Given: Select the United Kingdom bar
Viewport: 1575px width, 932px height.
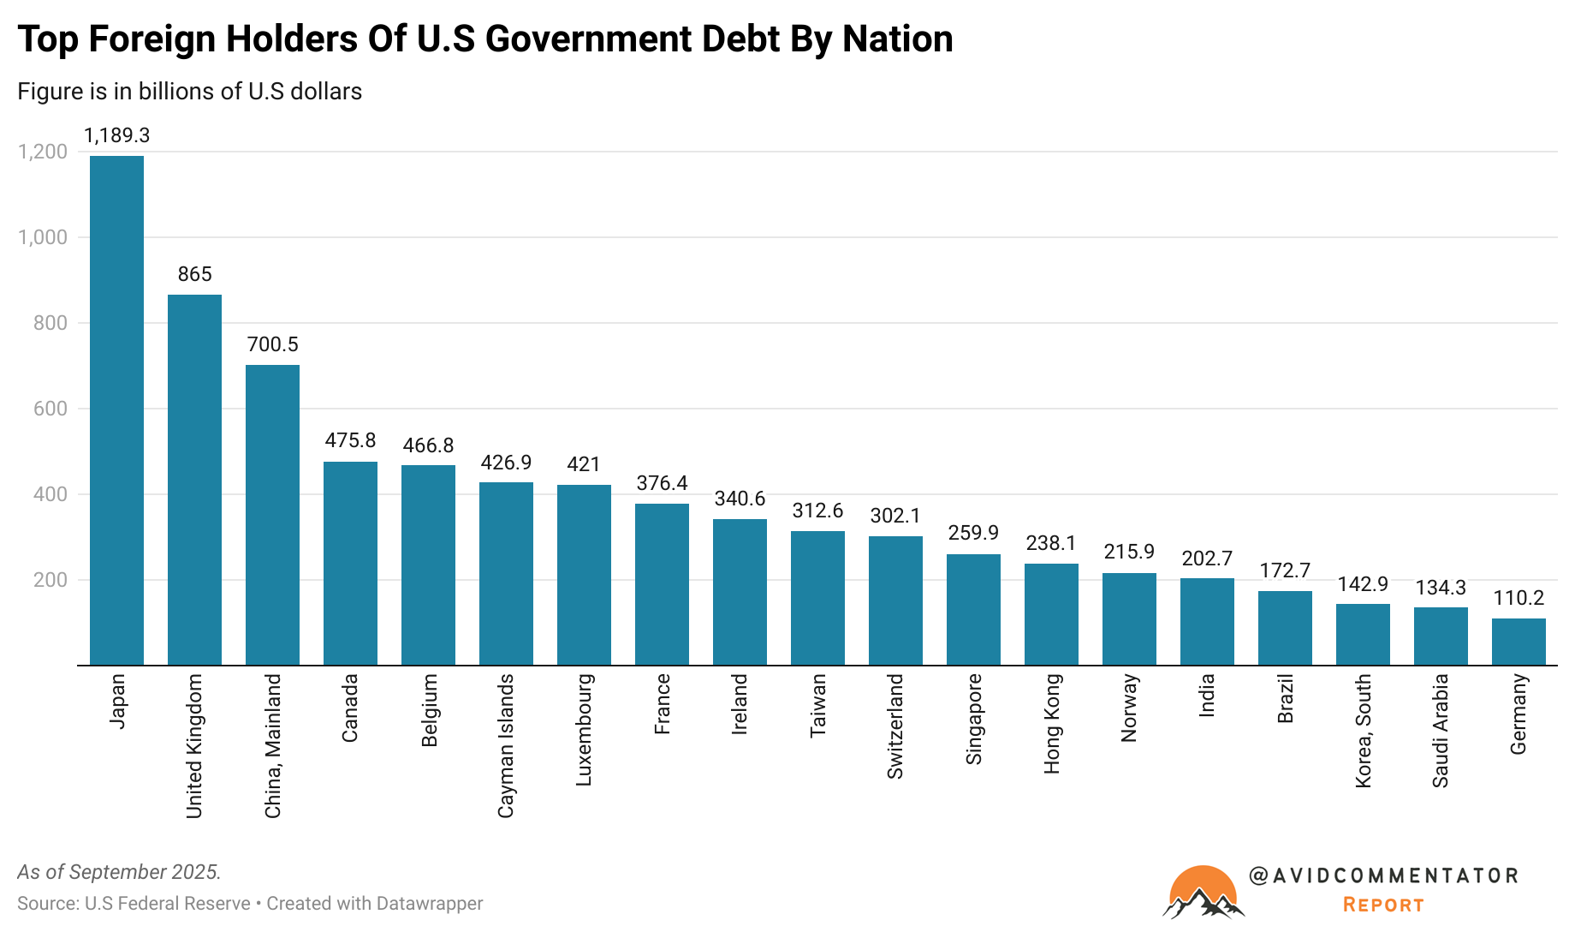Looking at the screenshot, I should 194,480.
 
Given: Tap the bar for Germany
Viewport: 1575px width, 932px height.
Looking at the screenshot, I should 1519,642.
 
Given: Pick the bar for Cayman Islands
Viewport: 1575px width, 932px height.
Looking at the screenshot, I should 506,573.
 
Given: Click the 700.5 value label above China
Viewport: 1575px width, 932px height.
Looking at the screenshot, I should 272,344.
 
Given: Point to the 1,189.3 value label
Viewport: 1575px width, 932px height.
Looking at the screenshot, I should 116,135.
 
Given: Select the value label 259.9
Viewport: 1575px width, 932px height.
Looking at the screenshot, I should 973,533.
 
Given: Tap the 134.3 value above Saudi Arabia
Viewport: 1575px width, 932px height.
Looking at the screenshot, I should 1441,588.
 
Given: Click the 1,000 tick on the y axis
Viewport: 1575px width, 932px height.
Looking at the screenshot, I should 43,237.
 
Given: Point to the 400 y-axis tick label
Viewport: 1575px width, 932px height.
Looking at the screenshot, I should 51,494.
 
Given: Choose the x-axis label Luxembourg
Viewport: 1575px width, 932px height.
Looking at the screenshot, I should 584,730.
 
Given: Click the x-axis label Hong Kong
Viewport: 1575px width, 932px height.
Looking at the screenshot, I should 1052,724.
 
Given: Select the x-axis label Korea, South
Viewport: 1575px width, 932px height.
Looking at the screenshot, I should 1364,731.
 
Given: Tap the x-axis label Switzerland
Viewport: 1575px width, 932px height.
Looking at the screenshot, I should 895,726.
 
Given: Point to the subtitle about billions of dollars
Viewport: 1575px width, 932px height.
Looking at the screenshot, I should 190,92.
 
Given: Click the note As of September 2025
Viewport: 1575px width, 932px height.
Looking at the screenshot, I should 119,872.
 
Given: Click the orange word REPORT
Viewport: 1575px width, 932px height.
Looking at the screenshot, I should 1383,905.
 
